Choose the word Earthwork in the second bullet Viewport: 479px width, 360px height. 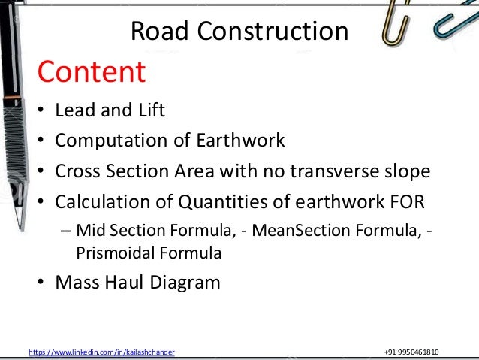(242, 141)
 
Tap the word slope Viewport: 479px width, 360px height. (408, 171)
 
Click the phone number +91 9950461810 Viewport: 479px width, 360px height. (411, 352)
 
